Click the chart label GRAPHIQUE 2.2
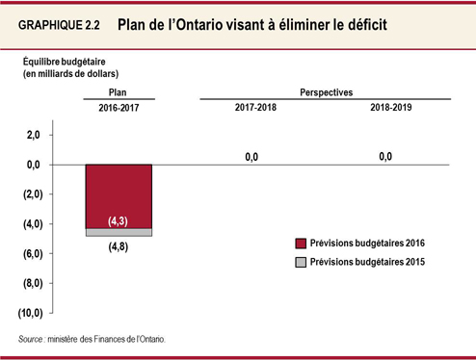60,24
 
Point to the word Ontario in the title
222,23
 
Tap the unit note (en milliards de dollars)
71,73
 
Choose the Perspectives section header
325,91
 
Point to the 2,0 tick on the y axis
33,136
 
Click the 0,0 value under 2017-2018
251,156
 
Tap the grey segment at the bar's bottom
119,232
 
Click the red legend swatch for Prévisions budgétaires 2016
301,244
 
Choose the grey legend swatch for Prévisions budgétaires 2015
301,262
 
